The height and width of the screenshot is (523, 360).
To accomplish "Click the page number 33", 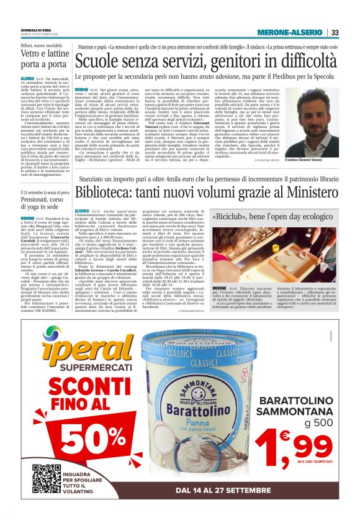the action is coord(335,33).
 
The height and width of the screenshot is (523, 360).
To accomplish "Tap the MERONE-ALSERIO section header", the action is coord(292,33).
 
